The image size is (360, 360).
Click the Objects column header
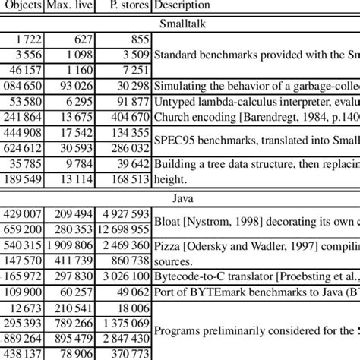[23, 6]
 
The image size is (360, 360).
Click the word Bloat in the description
[167, 221]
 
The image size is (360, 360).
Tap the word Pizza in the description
[168, 246]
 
